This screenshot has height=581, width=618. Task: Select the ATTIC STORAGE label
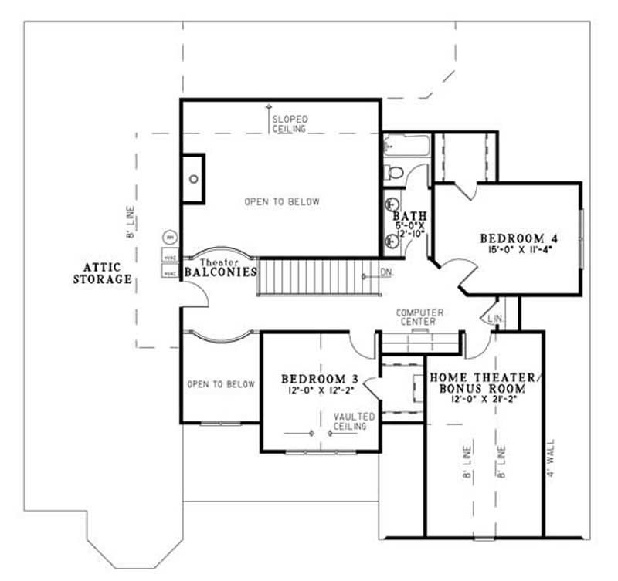(102, 273)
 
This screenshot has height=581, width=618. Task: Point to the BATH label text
(402, 216)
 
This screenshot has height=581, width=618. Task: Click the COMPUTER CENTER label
(420, 316)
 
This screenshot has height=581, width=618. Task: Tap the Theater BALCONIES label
(219, 268)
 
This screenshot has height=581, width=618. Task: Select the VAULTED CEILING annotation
(354, 421)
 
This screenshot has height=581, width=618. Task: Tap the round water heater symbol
(169, 237)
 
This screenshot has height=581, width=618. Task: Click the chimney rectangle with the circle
(193, 179)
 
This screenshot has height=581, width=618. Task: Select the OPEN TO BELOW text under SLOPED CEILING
(281, 202)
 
